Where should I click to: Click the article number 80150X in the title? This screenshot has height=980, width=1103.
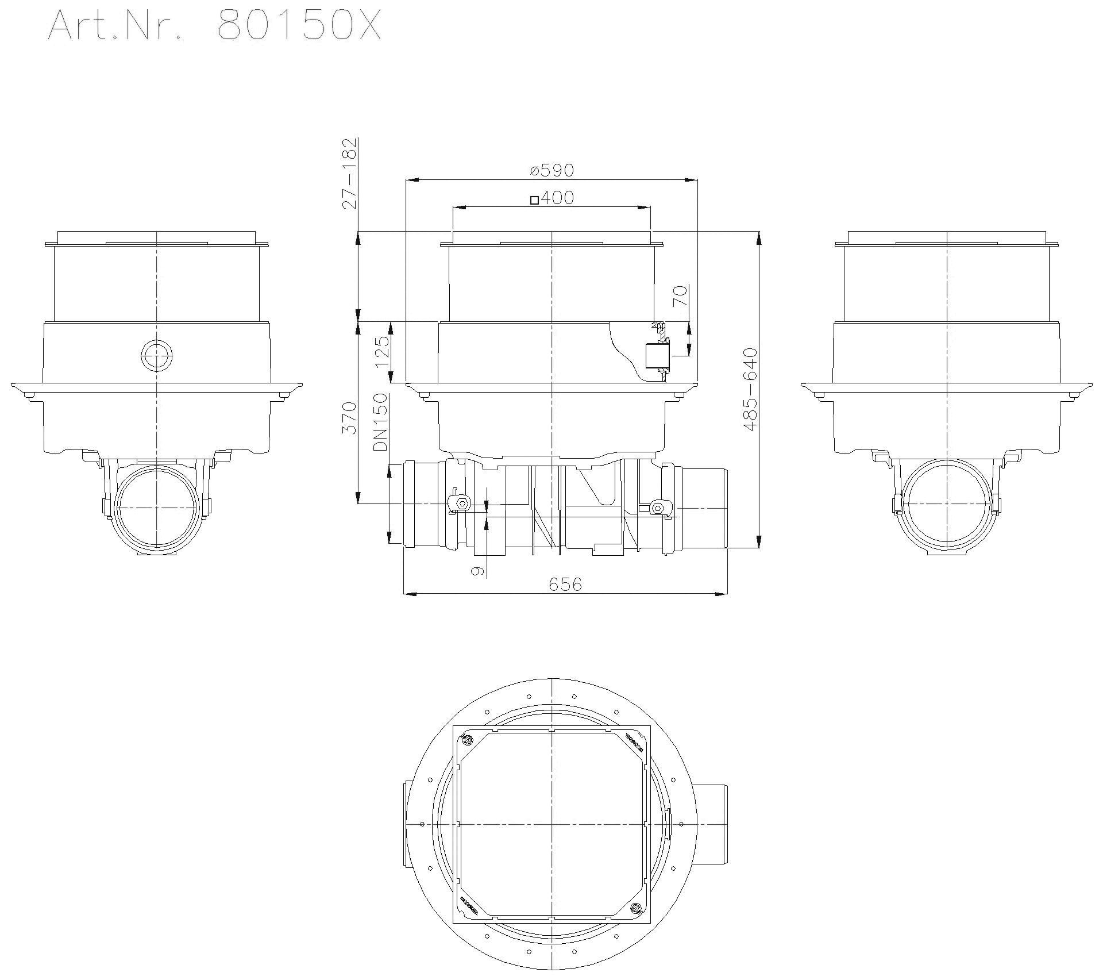(x=299, y=26)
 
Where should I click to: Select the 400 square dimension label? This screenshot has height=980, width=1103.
(x=557, y=198)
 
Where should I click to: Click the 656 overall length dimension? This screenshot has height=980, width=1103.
(x=565, y=585)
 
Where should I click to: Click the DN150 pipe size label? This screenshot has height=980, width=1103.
(x=380, y=422)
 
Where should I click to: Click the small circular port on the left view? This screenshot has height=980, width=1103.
(x=156, y=356)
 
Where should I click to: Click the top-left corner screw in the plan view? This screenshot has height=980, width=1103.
(x=467, y=739)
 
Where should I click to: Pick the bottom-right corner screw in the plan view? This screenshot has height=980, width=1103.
(x=635, y=908)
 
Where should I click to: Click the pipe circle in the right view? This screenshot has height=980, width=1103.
(x=947, y=504)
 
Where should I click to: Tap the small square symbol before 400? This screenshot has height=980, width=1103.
(x=534, y=200)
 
